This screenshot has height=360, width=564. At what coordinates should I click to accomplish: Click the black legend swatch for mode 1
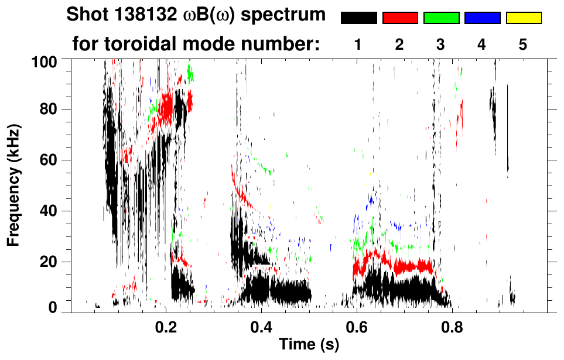358,18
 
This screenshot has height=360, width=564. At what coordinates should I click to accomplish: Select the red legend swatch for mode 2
400,18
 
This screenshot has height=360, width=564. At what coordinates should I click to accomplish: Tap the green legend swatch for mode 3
441,18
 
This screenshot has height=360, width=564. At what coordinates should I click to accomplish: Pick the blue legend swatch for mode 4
482,18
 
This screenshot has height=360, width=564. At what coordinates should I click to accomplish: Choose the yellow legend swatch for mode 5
523,18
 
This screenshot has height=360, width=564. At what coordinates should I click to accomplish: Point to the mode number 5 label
523,44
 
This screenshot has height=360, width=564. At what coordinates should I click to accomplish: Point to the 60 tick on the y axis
49,160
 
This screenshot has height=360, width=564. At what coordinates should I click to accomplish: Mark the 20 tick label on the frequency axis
49,262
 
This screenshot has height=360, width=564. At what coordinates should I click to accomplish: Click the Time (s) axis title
308,345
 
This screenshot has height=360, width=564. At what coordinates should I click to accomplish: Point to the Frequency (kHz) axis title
15,184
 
